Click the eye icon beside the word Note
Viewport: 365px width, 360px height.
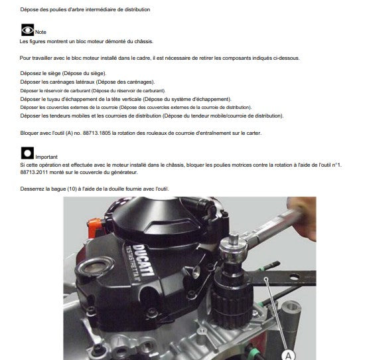click(27, 31)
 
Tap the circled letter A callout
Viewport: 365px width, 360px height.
click(287, 355)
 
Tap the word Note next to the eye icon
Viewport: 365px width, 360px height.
click(40, 33)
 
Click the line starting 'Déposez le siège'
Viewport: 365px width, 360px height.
click(63, 72)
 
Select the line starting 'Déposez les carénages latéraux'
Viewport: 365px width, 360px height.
click(83, 81)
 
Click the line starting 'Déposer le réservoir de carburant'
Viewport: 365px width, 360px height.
click(93, 90)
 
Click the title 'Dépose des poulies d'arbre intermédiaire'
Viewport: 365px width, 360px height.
click(85, 10)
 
